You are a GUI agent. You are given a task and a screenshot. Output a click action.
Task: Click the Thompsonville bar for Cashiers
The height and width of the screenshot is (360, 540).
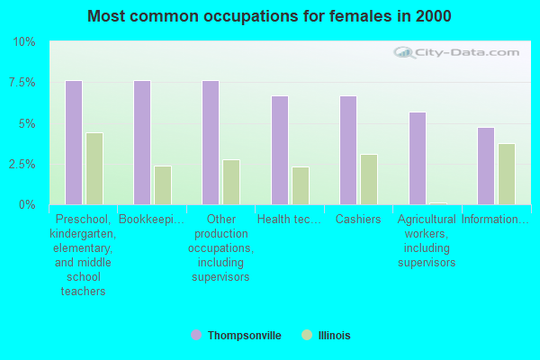pyautogui.click(x=348, y=150)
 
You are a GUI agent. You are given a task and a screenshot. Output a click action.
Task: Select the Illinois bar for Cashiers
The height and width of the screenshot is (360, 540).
pyautogui.click(x=369, y=179)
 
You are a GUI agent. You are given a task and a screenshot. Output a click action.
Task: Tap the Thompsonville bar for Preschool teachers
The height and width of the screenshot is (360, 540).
pyautogui.click(x=74, y=142)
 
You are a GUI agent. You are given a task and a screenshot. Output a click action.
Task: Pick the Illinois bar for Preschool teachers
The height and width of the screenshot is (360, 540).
pyautogui.click(x=94, y=168)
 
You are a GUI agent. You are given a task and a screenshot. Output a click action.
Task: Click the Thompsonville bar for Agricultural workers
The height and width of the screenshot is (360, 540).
pyautogui.click(x=418, y=158)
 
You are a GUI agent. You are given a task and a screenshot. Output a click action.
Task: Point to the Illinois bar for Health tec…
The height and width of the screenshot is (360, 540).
pyautogui.click(x=301, y=185)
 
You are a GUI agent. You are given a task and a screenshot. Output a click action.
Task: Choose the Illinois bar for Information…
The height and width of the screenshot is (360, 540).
pyautogui.click(x=507, y=174)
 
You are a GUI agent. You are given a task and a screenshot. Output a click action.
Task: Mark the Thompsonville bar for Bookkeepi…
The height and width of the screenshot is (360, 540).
pyautogui.click(x=142, y=142)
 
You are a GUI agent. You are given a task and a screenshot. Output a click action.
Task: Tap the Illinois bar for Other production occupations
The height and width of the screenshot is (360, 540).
pyautogui.click(x=231, y=182)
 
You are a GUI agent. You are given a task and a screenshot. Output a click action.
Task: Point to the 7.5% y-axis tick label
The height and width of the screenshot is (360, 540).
pyautogui.click(x=22, y=83)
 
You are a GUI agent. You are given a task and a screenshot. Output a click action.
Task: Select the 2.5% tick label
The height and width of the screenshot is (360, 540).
pyautogui.click(x=22, y=165)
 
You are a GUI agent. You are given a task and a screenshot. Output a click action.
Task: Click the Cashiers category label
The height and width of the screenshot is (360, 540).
pyautogui.click(x=358, y=220)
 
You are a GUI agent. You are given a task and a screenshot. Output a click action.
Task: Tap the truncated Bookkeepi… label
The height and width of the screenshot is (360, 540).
pyautogui.click(x=151, y=220)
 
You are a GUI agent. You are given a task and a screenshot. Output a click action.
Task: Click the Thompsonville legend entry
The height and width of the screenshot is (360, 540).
pyautogui.click(x=244, y=336)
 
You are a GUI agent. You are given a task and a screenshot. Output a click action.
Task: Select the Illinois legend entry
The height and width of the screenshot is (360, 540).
pyautogui.click(x=333, y=336)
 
